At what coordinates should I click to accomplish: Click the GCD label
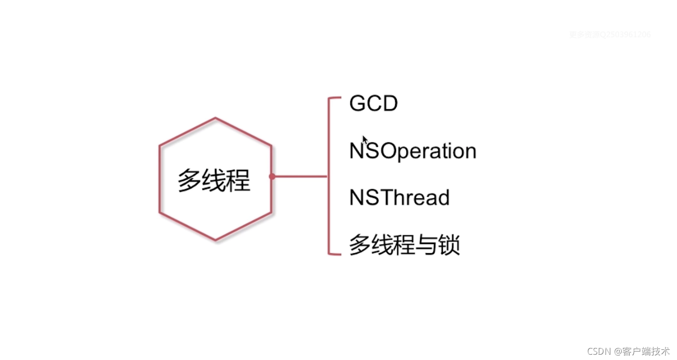click(x=374, y=103)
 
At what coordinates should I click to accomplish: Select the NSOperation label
click(x=413, y=151)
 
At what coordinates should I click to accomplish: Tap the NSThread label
click(x=399, y=198)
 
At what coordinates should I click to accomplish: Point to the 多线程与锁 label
click(x=404, y=245)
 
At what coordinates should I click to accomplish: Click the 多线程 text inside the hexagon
click(x=214, y=181)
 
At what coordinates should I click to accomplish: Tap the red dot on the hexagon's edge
click(x=272, y=177)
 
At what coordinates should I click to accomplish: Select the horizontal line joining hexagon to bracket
click(x=299, y=177)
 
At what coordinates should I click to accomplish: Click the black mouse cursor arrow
click(x=365, y=140)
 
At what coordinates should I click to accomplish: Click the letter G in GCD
click(x=357, y=103)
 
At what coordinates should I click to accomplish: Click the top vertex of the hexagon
click(x=215, y=118)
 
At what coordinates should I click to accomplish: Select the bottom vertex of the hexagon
click(x=215, y=240)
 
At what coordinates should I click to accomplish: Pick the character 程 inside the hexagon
click(x=238, y=181)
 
